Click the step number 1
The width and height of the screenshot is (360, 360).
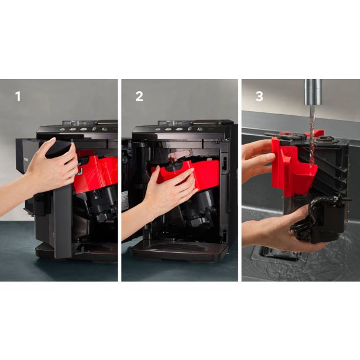(18, 97)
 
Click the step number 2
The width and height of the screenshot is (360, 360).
(139, 97)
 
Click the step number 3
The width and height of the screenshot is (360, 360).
(259, 97)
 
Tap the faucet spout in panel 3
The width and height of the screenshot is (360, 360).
(313, 92)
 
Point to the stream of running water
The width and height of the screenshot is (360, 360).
(312, 135)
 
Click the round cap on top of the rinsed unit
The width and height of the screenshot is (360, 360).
(324, 139)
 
